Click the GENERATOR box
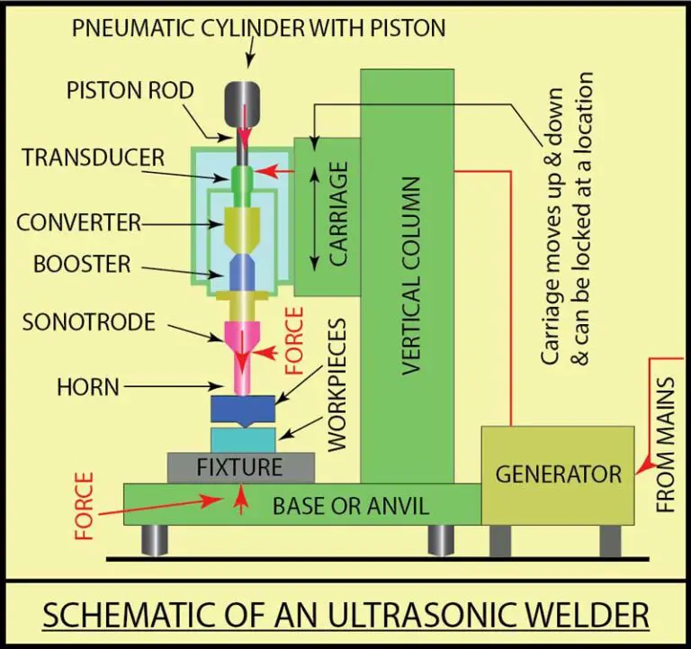[558, 475]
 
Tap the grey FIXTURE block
[240, 468]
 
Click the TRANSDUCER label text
[94, 157]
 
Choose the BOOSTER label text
[82, 265]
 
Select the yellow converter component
[242, 228]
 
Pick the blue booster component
[242, 272]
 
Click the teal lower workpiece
[242, 439]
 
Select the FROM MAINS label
[665, 433]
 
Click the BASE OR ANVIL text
[350, 506]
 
